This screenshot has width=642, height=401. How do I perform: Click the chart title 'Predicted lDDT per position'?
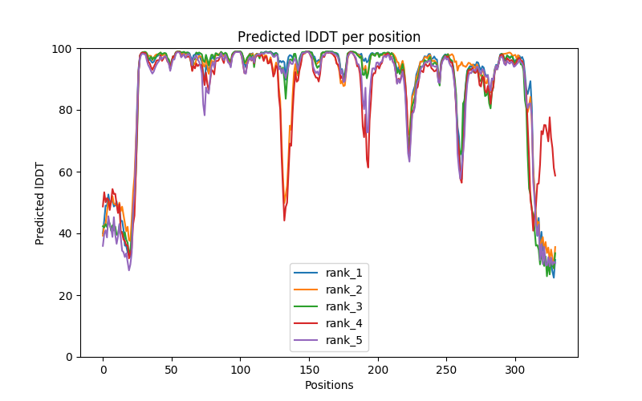tap(329, 37)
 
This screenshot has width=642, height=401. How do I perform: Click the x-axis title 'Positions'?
tap(329, 385)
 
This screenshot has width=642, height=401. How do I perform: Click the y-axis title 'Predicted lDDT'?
tap(40, 203)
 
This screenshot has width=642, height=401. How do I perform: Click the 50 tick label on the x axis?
tap(172, 370)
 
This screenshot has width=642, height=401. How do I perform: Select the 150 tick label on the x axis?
tap(309, 370)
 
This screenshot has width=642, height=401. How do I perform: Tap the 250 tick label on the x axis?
tap(446, 370)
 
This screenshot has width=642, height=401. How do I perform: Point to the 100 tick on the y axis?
tap(63, 48)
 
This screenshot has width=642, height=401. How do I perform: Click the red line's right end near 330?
tap(555, 176)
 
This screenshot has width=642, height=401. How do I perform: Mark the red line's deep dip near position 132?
tap(284, 220)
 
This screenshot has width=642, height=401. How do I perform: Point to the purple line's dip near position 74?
tap(205, 115)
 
